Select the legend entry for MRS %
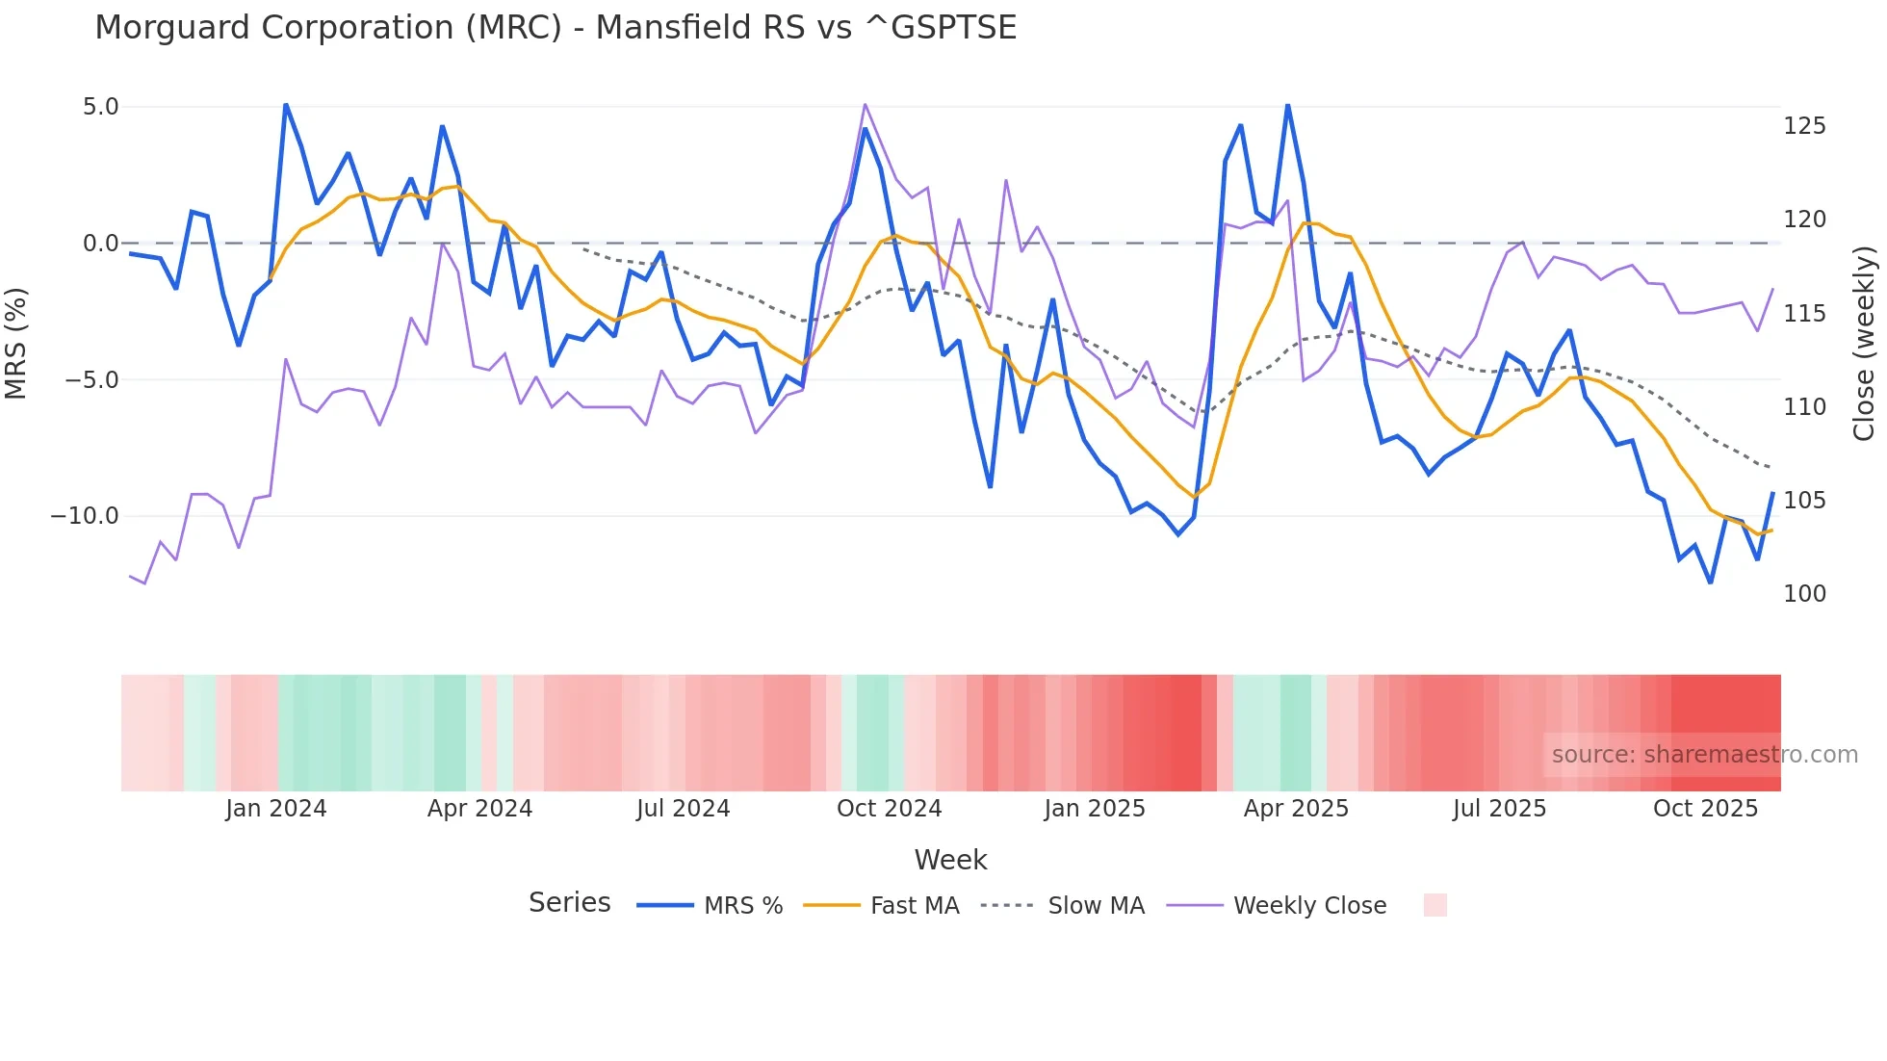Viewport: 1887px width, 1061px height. (x=742, y=906)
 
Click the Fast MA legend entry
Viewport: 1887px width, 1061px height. (x=914, y=906)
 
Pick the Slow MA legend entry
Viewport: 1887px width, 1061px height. (x=1096, y=906)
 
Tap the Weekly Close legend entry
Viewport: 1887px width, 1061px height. (x=1309, y=906)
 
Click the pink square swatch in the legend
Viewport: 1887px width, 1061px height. (x=1435, y=905)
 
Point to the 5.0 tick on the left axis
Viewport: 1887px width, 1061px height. (x=100, y=107)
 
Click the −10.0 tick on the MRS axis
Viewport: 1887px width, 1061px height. (x=85, y=516)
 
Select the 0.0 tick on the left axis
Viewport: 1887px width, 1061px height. (x=100, y=244)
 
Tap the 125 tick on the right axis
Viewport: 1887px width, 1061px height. (x=1804, y=126)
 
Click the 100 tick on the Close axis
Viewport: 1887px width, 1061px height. (x=1804, y=594)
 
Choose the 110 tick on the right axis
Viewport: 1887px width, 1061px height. (x=1804, y=407)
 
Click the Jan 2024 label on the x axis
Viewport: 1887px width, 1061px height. (x=276, y=809)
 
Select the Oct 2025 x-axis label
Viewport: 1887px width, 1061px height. (x=1705, y=809)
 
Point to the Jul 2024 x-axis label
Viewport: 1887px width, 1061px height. (x=683, y=809)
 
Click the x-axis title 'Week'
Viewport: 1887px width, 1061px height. (x=950, y=860)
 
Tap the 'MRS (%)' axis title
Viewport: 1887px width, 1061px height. (x=16, y=343)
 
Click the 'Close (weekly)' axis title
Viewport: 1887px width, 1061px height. (x=1865, y=343)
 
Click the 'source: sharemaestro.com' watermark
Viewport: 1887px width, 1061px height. (x=1704, y=755)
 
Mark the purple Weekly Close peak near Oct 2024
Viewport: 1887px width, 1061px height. (x=865, y=104)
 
